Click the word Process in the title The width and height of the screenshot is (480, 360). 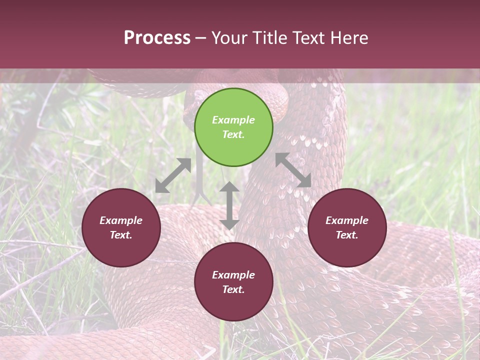click(x=157, y=38)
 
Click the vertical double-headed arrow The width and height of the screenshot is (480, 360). click(x=229, y=205)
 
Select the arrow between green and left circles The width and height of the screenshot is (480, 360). click(x=173, y=175)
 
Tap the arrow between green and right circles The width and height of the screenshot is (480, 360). click(x=293, y=170)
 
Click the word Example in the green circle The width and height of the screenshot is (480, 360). click(x=233, y=120)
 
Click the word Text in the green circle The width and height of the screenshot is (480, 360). click(x=232, y=134)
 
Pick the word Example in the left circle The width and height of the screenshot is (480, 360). click(x=121, y=220)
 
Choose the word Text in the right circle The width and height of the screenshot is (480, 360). click(x=346, y=235)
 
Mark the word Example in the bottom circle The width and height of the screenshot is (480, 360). click(x=233, y=275)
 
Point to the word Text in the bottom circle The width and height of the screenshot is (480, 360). click(x=232, y=289)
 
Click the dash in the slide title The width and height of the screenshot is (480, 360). click(x=200, y=38)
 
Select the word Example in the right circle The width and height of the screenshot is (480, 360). click(x=347, y=220)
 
